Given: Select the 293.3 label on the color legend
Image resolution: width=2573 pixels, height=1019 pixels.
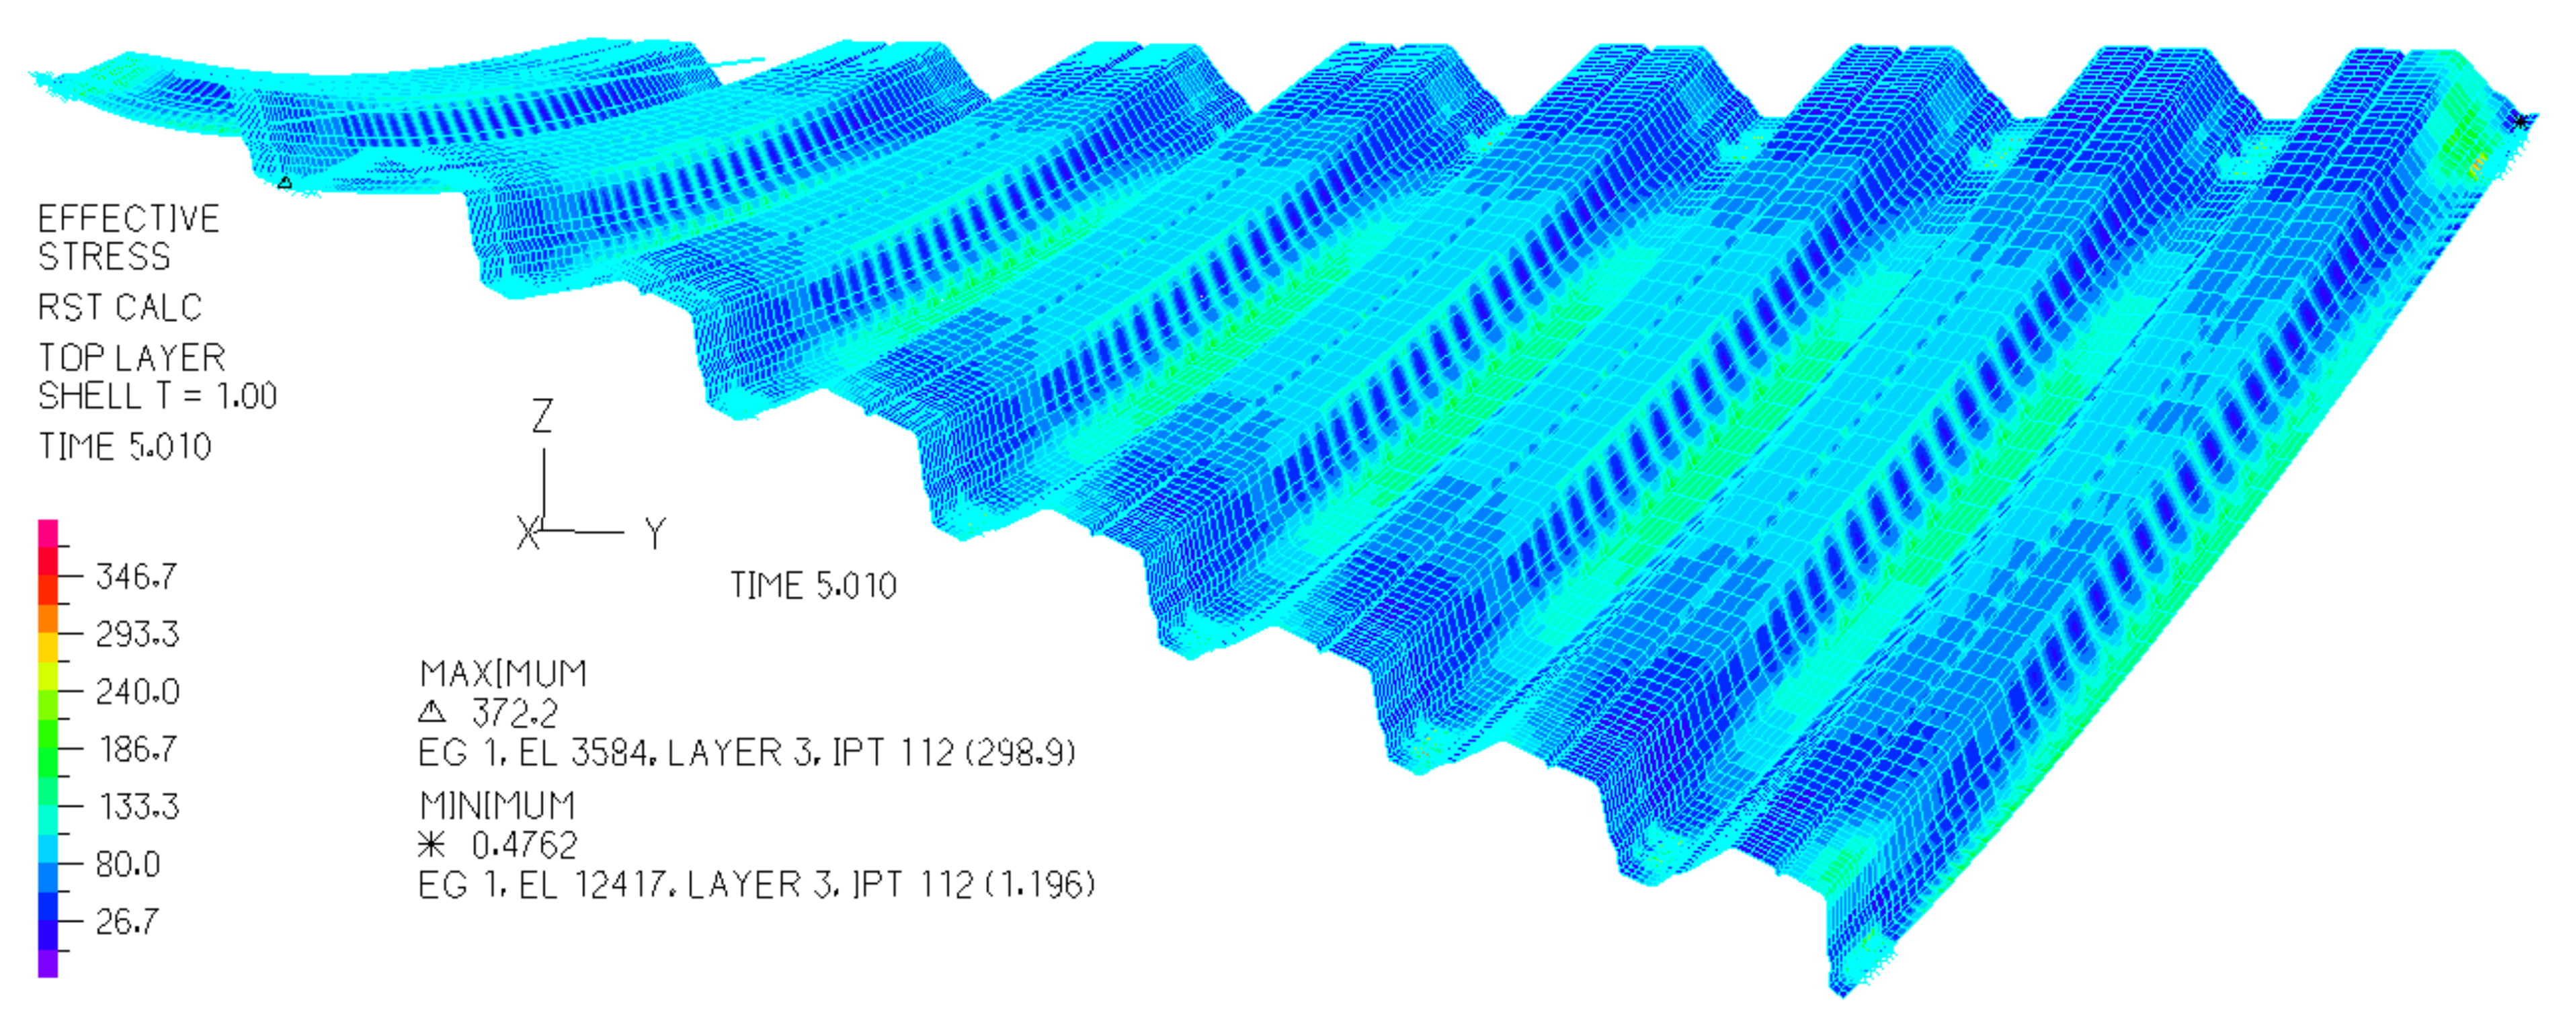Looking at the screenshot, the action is pos(137,633).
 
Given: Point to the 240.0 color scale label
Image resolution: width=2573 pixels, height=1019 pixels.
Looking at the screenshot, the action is pos(137,692).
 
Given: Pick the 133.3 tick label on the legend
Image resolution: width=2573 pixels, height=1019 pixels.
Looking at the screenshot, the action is pos(139,805).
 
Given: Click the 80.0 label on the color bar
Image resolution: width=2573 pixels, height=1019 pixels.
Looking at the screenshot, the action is pos(128,863).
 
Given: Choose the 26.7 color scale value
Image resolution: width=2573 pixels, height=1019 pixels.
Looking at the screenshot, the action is pos(127,920).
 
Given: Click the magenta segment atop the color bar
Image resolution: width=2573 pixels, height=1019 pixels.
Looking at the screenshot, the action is pos(48,532).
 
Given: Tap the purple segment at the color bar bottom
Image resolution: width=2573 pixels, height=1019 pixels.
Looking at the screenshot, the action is pos(48,963).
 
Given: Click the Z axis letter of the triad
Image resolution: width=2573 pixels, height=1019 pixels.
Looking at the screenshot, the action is pos(542,415).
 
